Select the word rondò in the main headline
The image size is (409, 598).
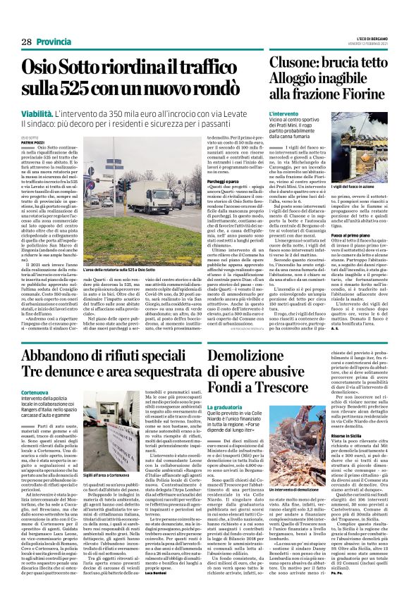coord(226,90)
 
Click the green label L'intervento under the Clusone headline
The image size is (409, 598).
coord(285,113)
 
